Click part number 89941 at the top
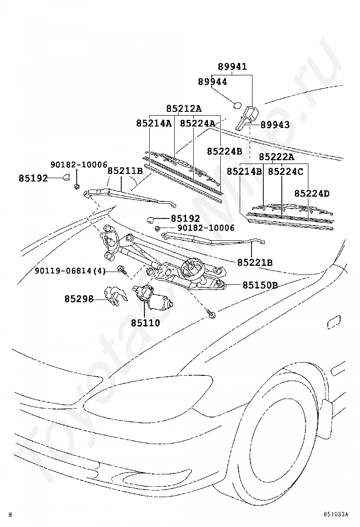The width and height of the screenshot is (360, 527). coord(232,67)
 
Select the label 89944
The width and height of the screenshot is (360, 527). coord(212,82)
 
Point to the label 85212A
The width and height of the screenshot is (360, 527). coord(184,109)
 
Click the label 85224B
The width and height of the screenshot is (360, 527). coord(224,151)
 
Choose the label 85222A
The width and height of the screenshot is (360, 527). coord(277,157)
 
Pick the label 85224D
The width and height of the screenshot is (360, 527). coord(312,193)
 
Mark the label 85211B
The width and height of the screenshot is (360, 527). coord(125,171)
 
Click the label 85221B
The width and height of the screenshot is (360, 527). coord(255,262)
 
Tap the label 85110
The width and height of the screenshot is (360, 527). coord(145,323)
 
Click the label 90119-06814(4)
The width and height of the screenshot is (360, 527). coord(70,271)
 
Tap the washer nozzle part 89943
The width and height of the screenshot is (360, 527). coord(246,117)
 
